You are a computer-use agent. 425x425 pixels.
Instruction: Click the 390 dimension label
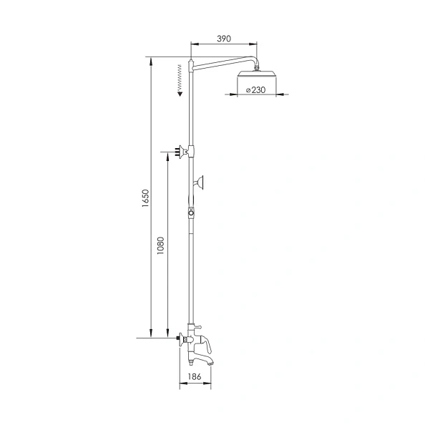(223, 39)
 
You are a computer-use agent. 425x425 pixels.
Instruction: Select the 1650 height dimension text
(145, 198)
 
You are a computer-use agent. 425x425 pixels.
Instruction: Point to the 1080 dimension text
(162, 246)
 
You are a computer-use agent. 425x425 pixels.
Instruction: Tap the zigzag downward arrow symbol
(178, 79)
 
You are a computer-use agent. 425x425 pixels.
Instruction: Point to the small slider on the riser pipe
(191, 212)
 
